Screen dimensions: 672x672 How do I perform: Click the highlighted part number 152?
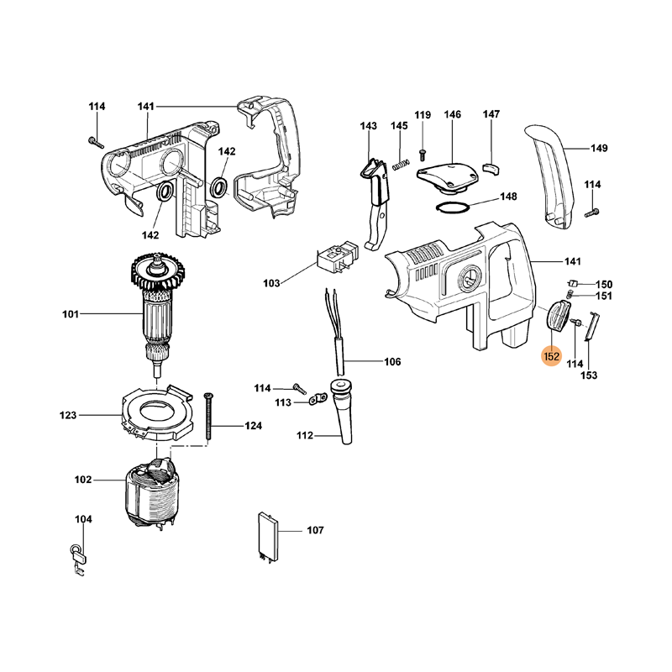(551, 356)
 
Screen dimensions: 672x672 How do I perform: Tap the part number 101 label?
(70, 315)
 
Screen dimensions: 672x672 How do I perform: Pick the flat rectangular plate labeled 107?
(266, 534)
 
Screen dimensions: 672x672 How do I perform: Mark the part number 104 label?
(83, 520)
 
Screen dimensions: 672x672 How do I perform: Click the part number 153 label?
(589, 375)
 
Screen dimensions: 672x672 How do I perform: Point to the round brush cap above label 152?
(558, 318)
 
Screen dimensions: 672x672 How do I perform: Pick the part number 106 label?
(392, 362)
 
